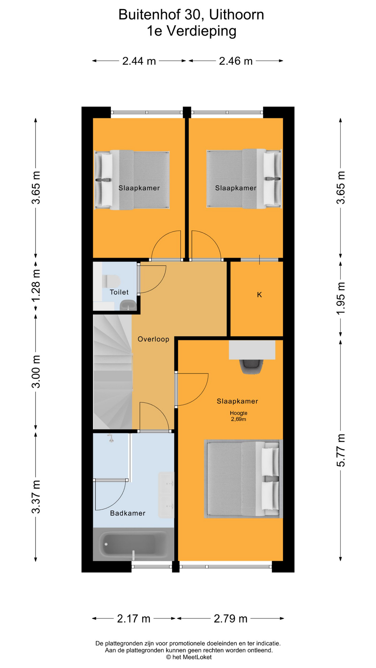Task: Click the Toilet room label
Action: [119, 292]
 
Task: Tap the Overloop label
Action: [153, 339]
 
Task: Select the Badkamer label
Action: [127, 513]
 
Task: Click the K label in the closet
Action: [259, 295]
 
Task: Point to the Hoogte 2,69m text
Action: [238, 416]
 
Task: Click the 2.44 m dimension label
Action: [139, 61]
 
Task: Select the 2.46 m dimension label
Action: [236, 61]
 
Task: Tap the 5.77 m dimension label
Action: [340, 450]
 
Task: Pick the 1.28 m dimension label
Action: [36, 286]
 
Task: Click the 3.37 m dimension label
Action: [36, 496]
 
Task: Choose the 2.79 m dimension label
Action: [230, 619]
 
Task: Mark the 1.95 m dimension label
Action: [340, 298]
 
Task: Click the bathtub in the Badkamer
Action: [133, 544]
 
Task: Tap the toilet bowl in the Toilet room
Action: [111, 281]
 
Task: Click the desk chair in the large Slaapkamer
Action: [251, 367]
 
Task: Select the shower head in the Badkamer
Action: [111, 438]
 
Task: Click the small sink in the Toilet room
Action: [128, 305]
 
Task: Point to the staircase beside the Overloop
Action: [113, 372]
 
